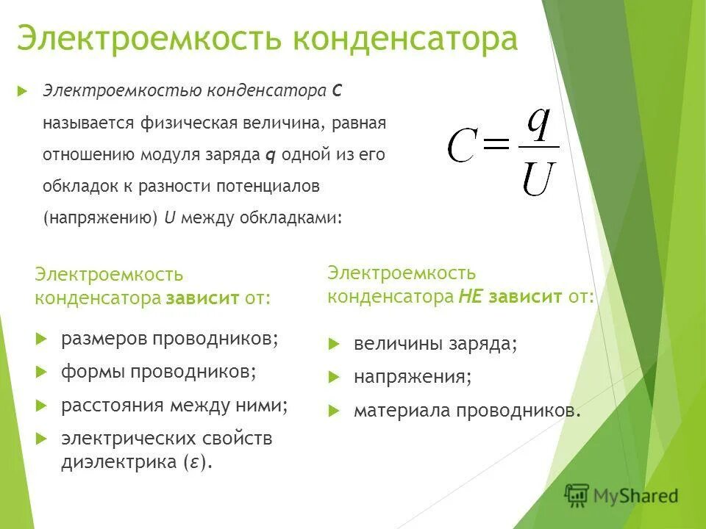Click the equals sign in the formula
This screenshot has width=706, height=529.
click(x=497, y=145)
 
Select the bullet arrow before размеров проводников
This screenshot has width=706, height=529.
click(x=41, y=339)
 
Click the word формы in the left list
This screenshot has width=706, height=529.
click(x=93, y=372)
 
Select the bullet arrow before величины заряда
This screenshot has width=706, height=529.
click(x=334, y=344)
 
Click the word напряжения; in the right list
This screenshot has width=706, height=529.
click(x=413, y=378)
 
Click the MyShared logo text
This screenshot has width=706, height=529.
click(x=636, y=496)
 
